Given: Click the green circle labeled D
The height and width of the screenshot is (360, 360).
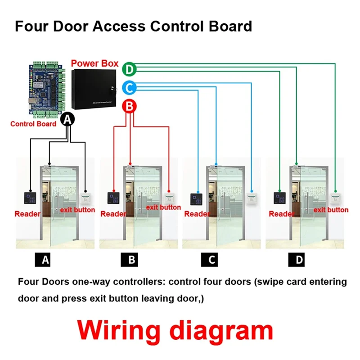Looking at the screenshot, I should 130,69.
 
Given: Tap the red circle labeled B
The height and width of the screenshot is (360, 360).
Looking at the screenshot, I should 129,106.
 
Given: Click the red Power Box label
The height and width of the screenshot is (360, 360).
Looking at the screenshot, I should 94,63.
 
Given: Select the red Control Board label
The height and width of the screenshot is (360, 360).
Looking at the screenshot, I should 33,124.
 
